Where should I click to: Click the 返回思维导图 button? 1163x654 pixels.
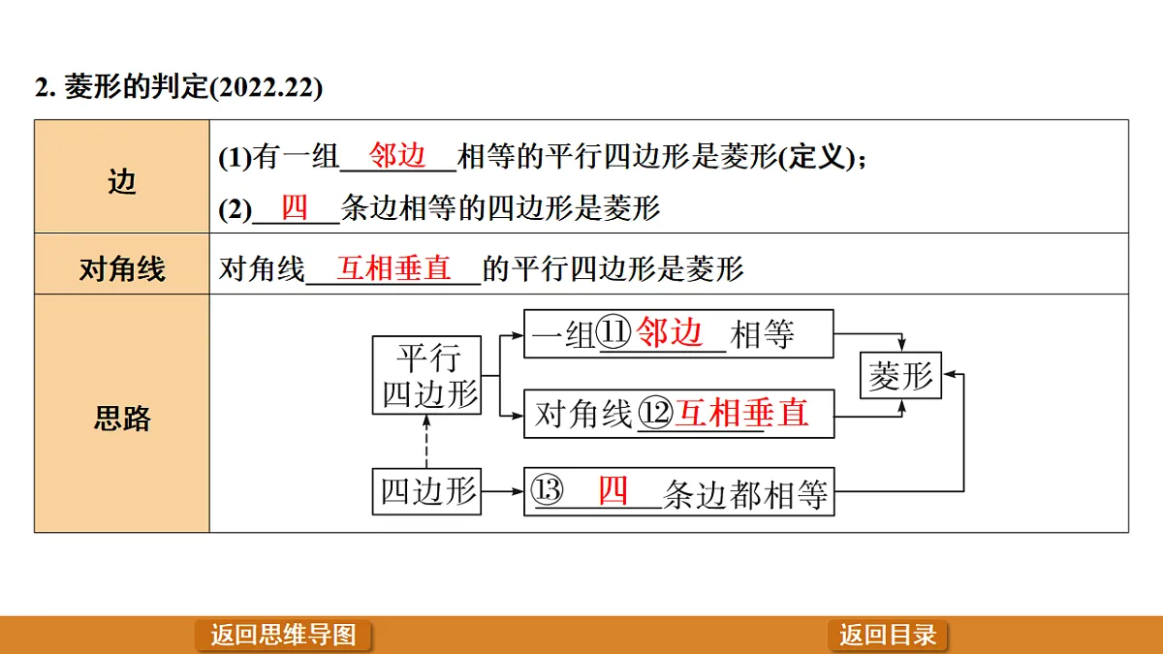[283, 635]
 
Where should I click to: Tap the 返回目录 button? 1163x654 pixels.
[888, 635]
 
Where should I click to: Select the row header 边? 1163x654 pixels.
[122, 182]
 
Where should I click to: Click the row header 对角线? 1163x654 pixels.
[122, 269]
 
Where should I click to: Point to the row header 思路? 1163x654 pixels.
[122, 419]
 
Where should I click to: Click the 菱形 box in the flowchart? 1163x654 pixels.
[900, 375]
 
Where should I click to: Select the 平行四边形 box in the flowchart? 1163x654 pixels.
[426, 375]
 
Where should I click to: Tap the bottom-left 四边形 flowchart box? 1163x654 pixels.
[426, 491]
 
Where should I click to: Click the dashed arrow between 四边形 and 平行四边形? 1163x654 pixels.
[426, 441]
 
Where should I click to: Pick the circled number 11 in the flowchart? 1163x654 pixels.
[613, 331]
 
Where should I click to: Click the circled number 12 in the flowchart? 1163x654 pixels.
[655, 413]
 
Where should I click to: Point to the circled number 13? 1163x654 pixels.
[548, 489]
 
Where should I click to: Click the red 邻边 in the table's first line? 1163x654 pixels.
[397, 155]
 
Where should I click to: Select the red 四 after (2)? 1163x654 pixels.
[295, 207]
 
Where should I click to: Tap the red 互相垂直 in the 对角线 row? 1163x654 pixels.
[393, 268]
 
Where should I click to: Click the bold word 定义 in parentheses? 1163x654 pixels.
[817, 156]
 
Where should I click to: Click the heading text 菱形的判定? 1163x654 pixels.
[136, 86]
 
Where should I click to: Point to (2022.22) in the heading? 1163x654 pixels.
[266, 87]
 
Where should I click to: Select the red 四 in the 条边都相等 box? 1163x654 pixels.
[613, 490]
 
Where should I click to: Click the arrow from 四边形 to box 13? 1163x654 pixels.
[502, 491]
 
